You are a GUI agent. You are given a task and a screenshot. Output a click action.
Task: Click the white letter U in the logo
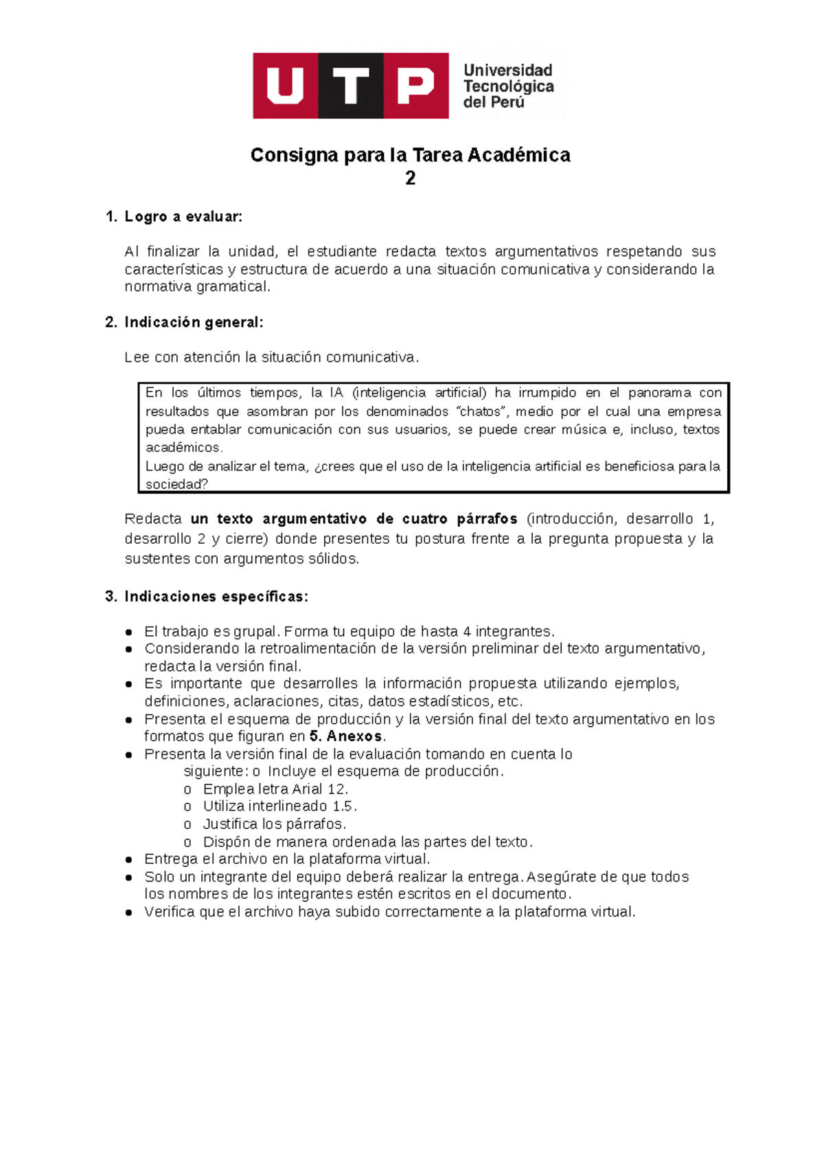click(285, 86)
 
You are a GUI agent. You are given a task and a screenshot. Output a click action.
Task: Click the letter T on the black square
click(351, 86)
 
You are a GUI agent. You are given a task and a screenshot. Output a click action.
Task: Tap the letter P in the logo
click(415, 86)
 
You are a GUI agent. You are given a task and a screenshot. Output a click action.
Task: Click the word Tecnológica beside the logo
click(508, 87)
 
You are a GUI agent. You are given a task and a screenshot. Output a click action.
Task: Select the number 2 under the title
click(410, 179)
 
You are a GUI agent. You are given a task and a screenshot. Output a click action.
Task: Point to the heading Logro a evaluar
click(183, 217)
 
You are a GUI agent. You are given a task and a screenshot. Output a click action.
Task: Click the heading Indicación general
click(193, 322)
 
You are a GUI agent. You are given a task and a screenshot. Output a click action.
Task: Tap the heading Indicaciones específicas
click(216, 596)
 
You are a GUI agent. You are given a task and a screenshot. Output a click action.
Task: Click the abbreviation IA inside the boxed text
click(336, 393)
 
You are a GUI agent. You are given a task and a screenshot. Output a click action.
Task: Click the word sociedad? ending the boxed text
click(176, 484)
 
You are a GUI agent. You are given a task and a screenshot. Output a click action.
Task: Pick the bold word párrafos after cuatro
click(487, 518)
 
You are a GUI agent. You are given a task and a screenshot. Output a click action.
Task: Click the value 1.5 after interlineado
click(343, 806)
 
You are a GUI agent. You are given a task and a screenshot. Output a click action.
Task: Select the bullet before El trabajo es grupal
click(129, 632)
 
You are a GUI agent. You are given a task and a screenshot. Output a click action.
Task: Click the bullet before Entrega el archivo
click(129, 860)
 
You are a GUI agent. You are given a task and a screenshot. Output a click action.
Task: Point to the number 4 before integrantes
click(467, 631)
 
